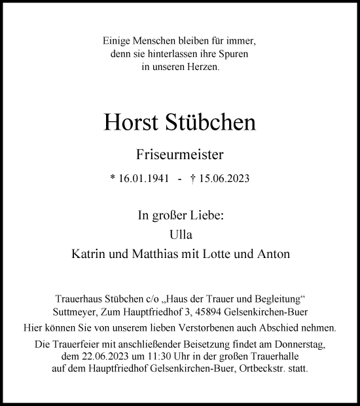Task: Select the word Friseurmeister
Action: click(x=179, y=155)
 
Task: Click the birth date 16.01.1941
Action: click(x=141, y=178)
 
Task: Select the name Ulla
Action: click(x=179, y=234)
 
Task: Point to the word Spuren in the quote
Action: click(x=234, y=54)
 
